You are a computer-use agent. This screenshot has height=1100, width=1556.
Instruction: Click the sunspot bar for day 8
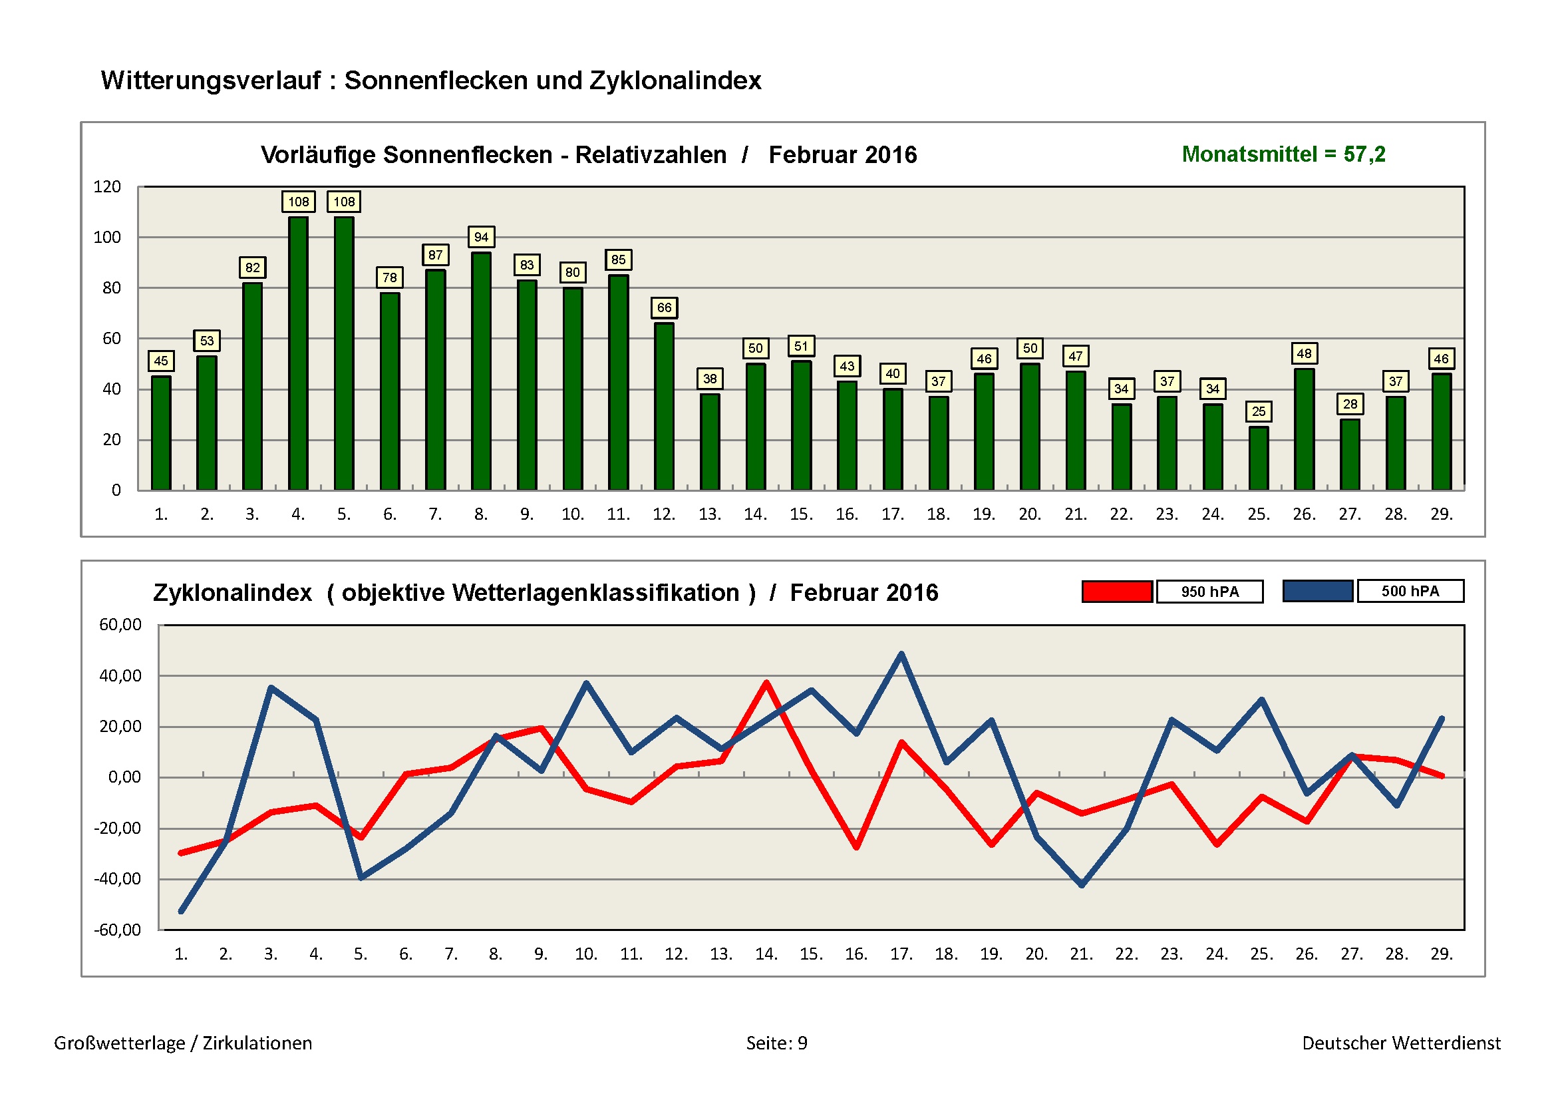tap(480, 371)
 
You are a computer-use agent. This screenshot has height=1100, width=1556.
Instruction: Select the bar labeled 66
tap(663, 406)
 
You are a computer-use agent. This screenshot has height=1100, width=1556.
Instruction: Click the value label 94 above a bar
tap(480, 237)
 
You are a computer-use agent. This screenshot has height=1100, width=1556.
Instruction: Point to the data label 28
tap(1349, 405)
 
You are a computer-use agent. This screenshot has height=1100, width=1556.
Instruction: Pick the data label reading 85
tap(618, 260)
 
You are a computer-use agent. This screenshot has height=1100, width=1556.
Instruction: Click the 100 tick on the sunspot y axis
tap(107, 237)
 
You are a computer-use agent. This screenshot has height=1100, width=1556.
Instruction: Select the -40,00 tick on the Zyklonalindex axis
tap(117, 879)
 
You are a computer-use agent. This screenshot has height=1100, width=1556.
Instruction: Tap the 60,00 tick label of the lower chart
tap(120, 625)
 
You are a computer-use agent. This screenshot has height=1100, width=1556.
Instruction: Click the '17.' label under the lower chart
tap(901, 954)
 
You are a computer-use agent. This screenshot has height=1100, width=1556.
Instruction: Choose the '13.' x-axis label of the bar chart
tap(709, 514)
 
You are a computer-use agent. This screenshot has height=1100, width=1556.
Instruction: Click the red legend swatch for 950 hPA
tap(1116, 592)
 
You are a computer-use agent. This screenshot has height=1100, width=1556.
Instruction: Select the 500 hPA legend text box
tap(1410, 591)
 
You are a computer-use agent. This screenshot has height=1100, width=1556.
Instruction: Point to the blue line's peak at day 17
tap(901, 654)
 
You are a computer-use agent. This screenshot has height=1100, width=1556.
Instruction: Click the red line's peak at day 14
tap(766, 683)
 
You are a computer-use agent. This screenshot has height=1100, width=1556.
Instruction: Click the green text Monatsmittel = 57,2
tap(1283, 154)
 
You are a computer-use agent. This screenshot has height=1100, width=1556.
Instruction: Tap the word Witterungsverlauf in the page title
tap(210, 81)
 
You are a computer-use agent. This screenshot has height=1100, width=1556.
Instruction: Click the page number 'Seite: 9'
tap(776, 1043)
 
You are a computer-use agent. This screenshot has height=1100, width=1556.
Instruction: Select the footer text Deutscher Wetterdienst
tap(1401, 1043)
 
